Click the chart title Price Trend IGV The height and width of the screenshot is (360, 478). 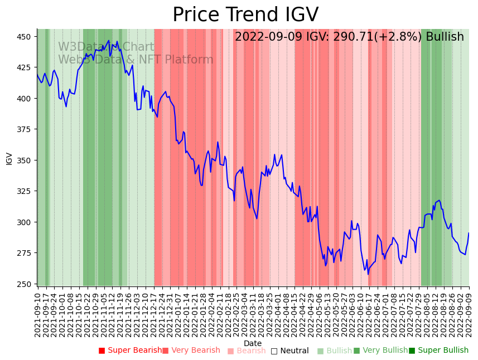[x=245, y=15]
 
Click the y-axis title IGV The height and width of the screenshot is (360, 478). [x=9, y=158]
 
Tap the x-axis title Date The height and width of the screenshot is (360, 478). [x=253, y=343]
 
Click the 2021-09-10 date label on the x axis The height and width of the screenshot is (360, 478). [x=38, y=314]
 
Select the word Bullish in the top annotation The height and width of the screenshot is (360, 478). [x=445, y=37]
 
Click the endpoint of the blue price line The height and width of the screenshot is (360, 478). [x=469, y=233]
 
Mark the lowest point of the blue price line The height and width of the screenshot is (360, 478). [x=368, y=274]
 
